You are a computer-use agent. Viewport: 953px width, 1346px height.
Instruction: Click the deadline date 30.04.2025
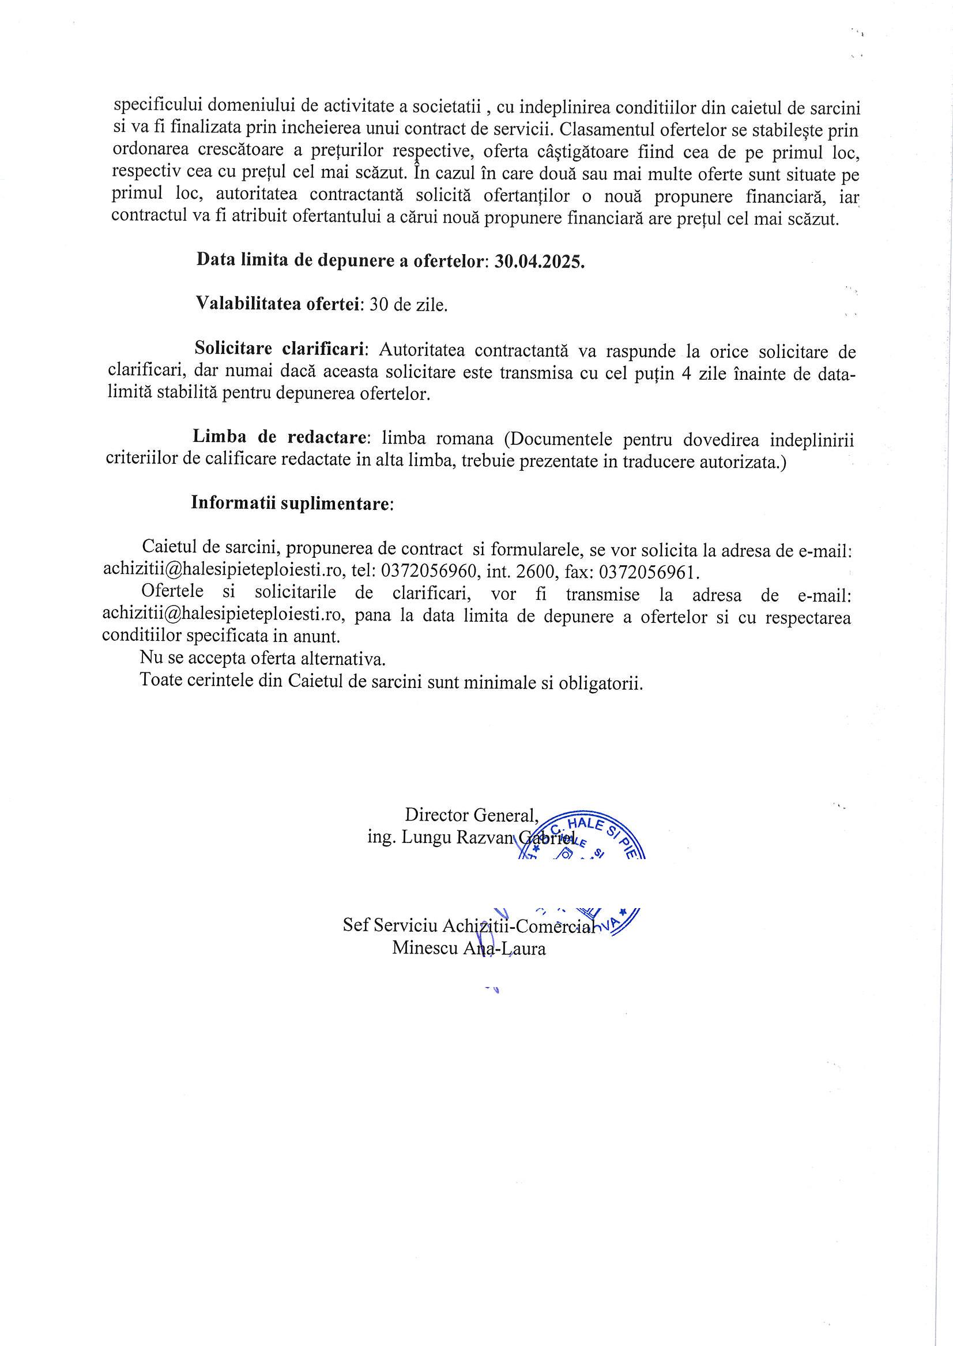539,261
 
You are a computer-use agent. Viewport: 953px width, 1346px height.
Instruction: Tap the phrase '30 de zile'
408,305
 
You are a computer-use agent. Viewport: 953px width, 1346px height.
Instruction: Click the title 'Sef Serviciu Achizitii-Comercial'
468,925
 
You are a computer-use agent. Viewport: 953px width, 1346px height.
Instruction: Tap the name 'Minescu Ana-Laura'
469,948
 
